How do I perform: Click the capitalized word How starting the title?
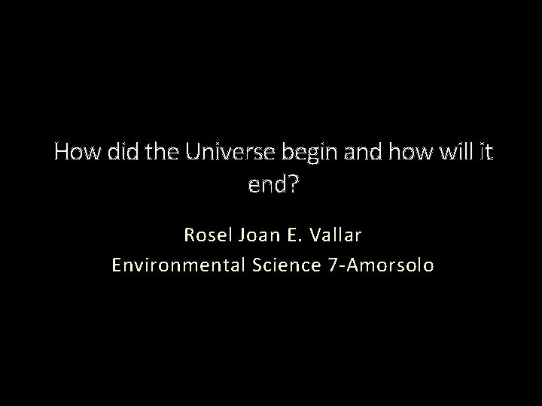point(75,153)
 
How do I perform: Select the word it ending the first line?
point(483,153)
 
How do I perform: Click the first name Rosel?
point(207,235)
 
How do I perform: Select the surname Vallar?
point(335,235)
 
